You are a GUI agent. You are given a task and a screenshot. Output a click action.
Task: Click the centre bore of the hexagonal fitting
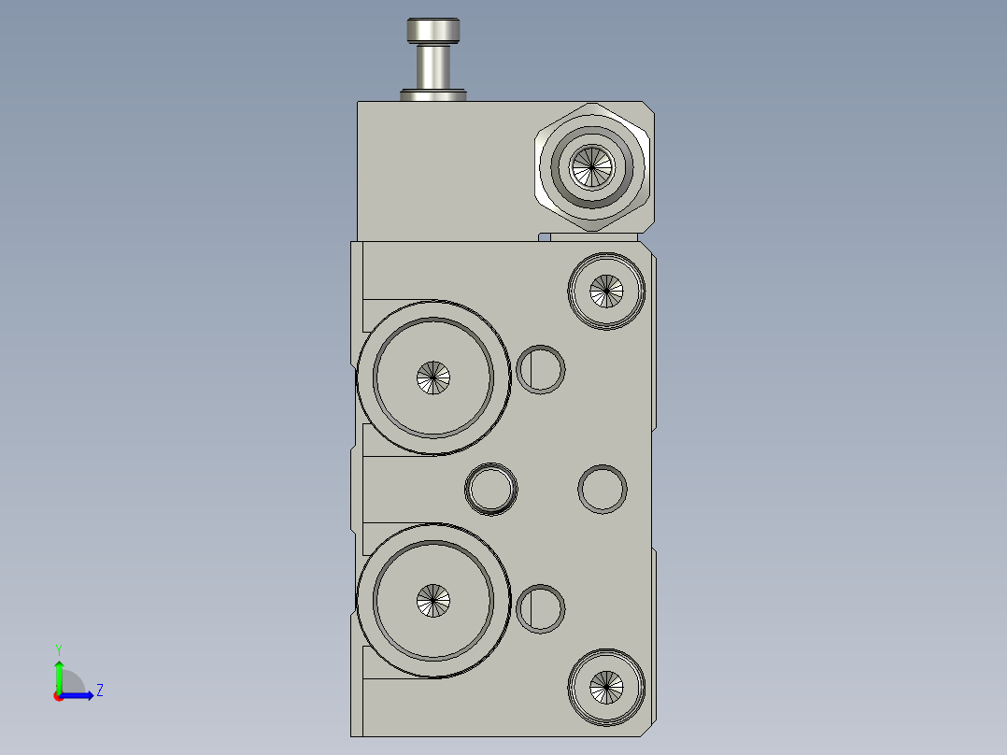tap(591, 167)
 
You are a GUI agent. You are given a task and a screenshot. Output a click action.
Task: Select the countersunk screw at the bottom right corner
tap(607, 687)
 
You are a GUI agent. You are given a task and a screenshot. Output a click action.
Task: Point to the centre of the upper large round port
tap(433, 377)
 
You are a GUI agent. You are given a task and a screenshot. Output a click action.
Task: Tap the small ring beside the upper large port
tap(540, 369)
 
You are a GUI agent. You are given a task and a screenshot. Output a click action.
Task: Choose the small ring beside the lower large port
tap(540, 609)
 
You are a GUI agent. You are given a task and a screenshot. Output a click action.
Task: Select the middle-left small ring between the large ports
tap(491, 489)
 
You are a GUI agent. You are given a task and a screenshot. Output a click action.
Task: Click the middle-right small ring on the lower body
tap(603, 489)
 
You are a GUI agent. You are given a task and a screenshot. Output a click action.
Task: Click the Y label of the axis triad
tap(58, 648)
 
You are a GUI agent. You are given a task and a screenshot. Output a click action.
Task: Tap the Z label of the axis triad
tap(99, 691)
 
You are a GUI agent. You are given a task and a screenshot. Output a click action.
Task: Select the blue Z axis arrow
tap(80, 695)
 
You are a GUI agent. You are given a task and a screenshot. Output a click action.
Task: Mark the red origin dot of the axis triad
tap(59, 696)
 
